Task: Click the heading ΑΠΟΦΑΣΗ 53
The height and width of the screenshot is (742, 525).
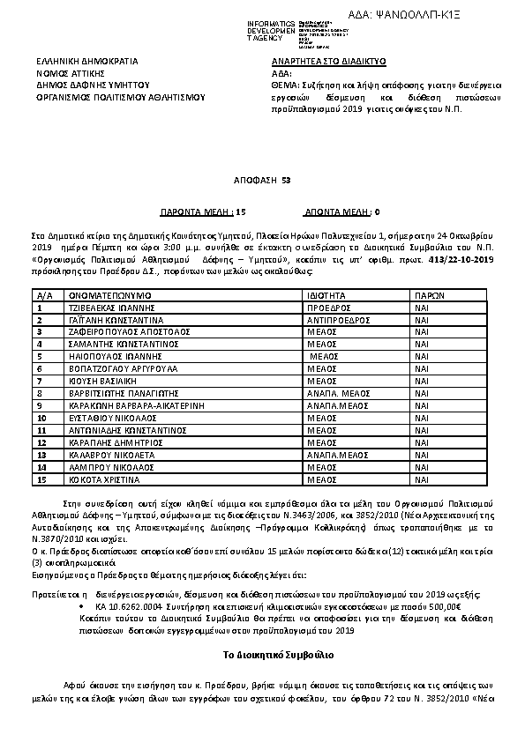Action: pyautogui.click(x=262, y=180)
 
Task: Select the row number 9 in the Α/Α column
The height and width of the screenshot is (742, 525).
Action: pyautogui.click(x=41, y=407)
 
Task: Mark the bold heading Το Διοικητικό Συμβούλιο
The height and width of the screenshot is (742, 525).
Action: pyautogui.click(x=262, y=657)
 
